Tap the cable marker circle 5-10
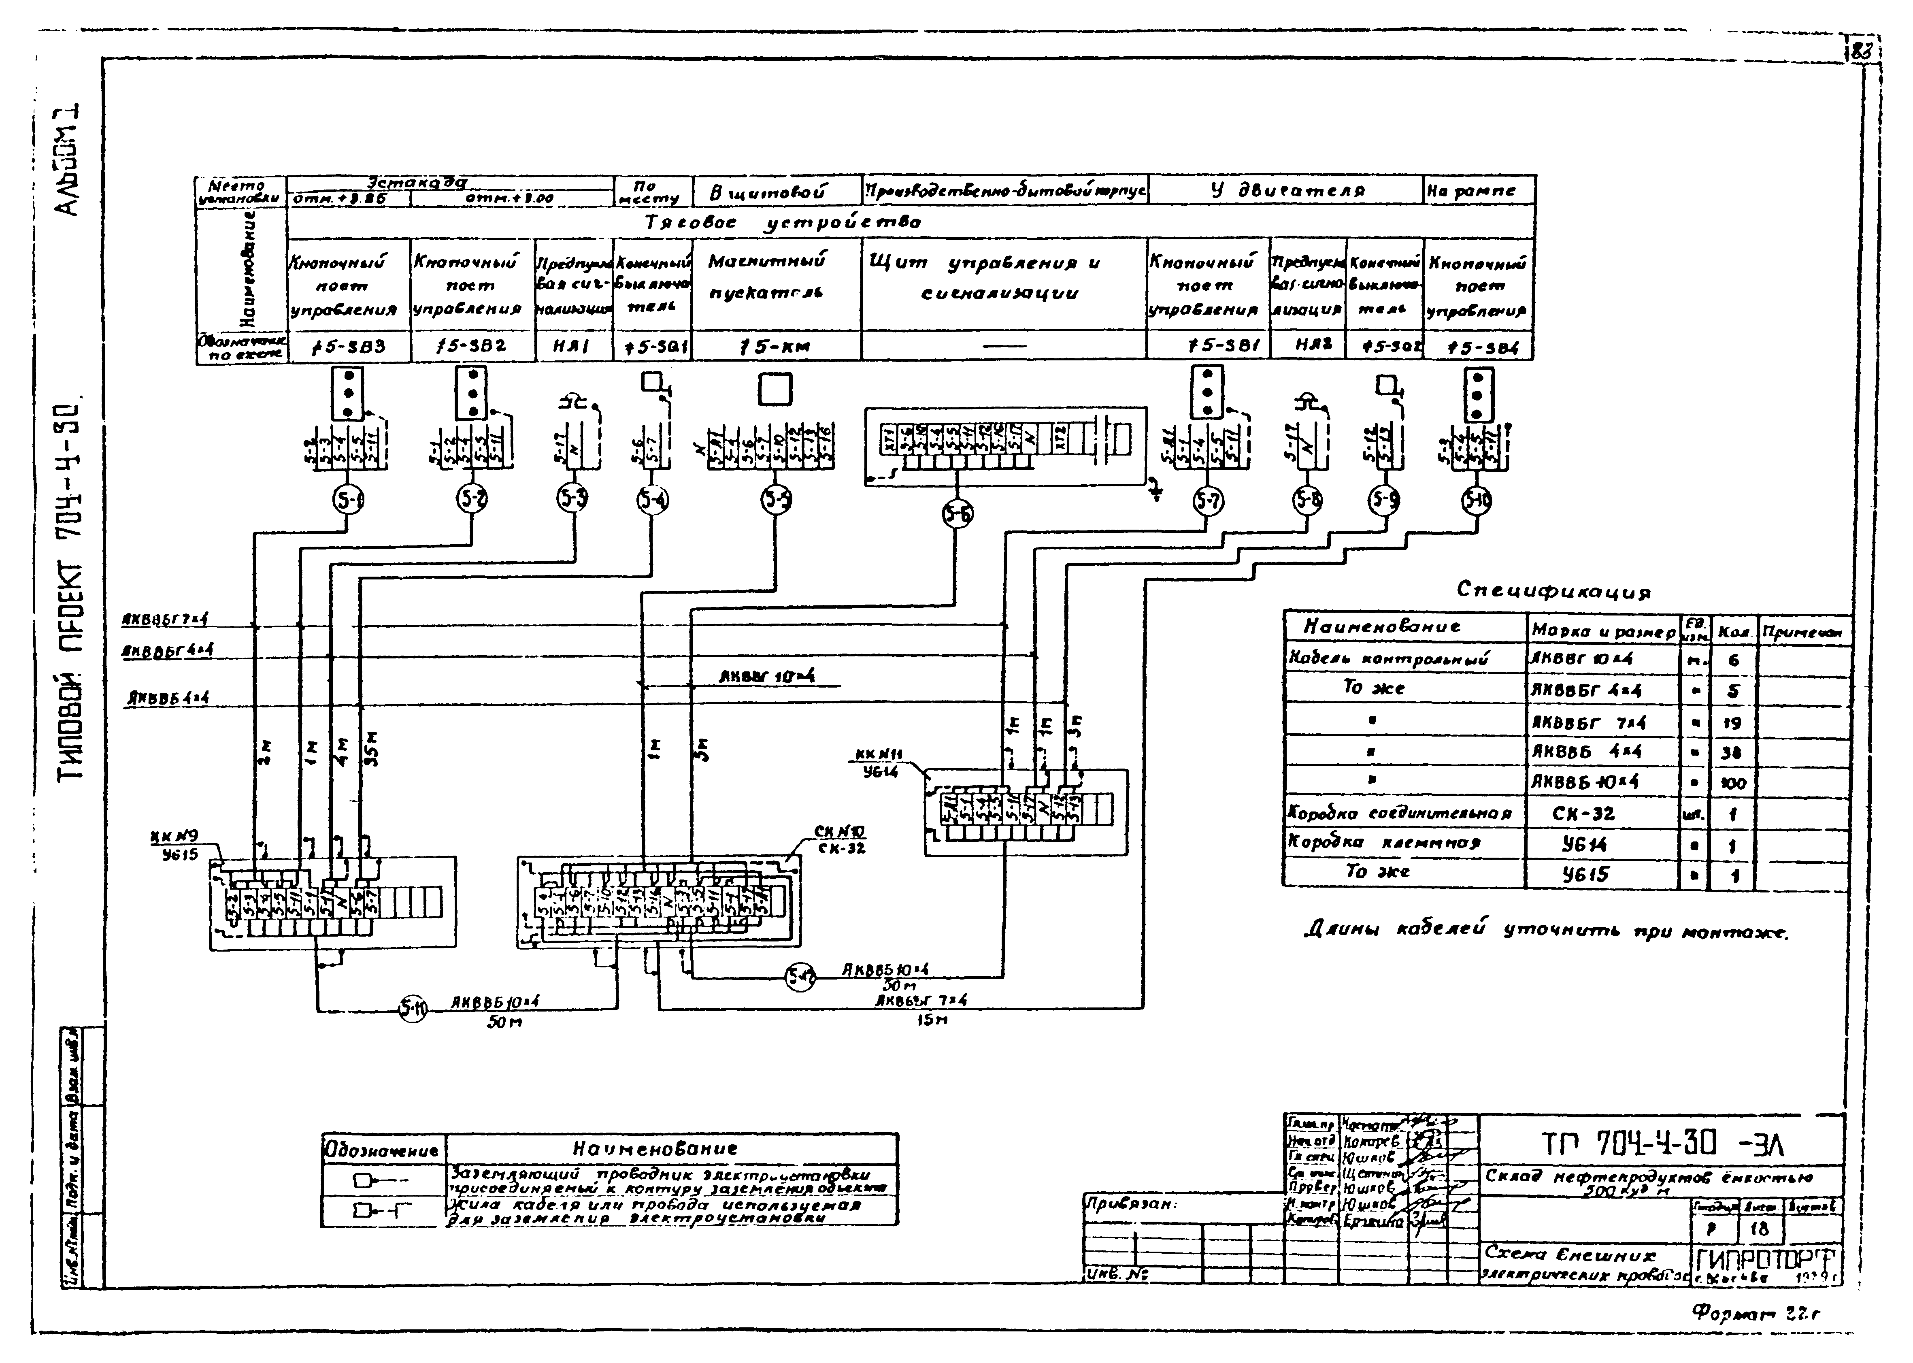[x=1477, y=501]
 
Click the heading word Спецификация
[x=1553, y=591]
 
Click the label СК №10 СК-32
[x=839, y=839]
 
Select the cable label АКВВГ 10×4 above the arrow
[x=767, y=677]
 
